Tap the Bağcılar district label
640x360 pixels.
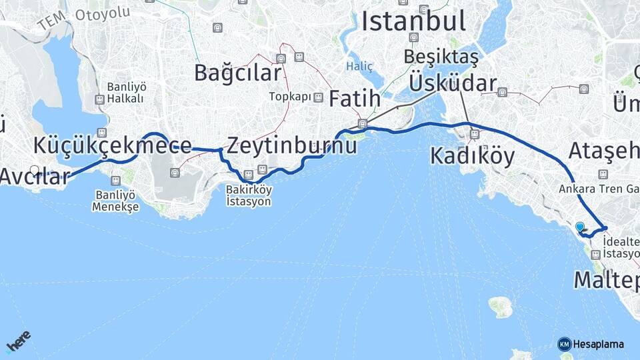coord(236,73)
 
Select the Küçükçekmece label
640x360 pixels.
coord(113,145)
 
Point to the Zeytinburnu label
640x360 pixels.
coord(292,145)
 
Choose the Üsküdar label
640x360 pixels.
coord(453,83)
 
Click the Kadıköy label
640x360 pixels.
coord(472,156)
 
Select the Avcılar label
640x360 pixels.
coord(35,176)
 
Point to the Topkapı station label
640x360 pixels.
coord(290,97)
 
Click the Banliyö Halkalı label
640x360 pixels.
coord(126,93)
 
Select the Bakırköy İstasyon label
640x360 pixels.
coord(249,195)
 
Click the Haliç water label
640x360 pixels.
coord(359,66)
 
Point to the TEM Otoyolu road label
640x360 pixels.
coord(83,18)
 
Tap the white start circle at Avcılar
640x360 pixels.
coord(35,170)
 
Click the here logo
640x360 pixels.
coord(18,341)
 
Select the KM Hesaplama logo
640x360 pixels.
coord(591,344)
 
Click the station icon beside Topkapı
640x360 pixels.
coord(319,97)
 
